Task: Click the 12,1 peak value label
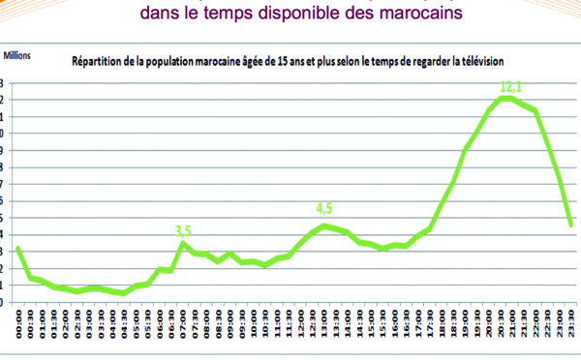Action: (511, 87)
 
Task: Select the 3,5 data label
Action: (183, 229)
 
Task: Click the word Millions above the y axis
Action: (18, 56)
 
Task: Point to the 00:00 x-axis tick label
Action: (19, 324)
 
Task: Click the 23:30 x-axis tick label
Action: (571, 324)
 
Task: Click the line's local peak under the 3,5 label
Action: (183, 243)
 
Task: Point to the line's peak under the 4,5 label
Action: (324, 225)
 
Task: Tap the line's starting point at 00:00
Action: (19, 249)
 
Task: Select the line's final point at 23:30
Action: (571, 225)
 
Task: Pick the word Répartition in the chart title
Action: (99, 62)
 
